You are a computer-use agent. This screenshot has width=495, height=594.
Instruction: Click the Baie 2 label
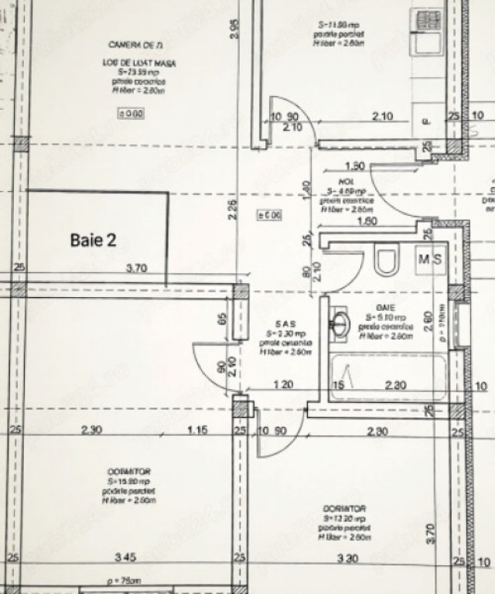click(93, 240)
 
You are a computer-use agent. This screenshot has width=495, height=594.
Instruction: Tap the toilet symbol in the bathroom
click(385, 260)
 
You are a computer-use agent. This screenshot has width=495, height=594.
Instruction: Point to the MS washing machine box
click(430, 259)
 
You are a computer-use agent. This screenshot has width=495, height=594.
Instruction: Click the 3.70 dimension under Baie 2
click(137, 268)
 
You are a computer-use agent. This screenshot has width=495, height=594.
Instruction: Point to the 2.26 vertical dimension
click(233, 210)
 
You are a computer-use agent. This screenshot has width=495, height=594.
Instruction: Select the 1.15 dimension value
click(198, 430)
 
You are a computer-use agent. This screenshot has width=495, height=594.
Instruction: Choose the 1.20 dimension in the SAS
click(284, 384)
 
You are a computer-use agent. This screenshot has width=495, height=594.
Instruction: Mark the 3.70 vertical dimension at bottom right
click(432, 532)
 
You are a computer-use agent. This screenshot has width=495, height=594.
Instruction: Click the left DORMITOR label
click(130, 471)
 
